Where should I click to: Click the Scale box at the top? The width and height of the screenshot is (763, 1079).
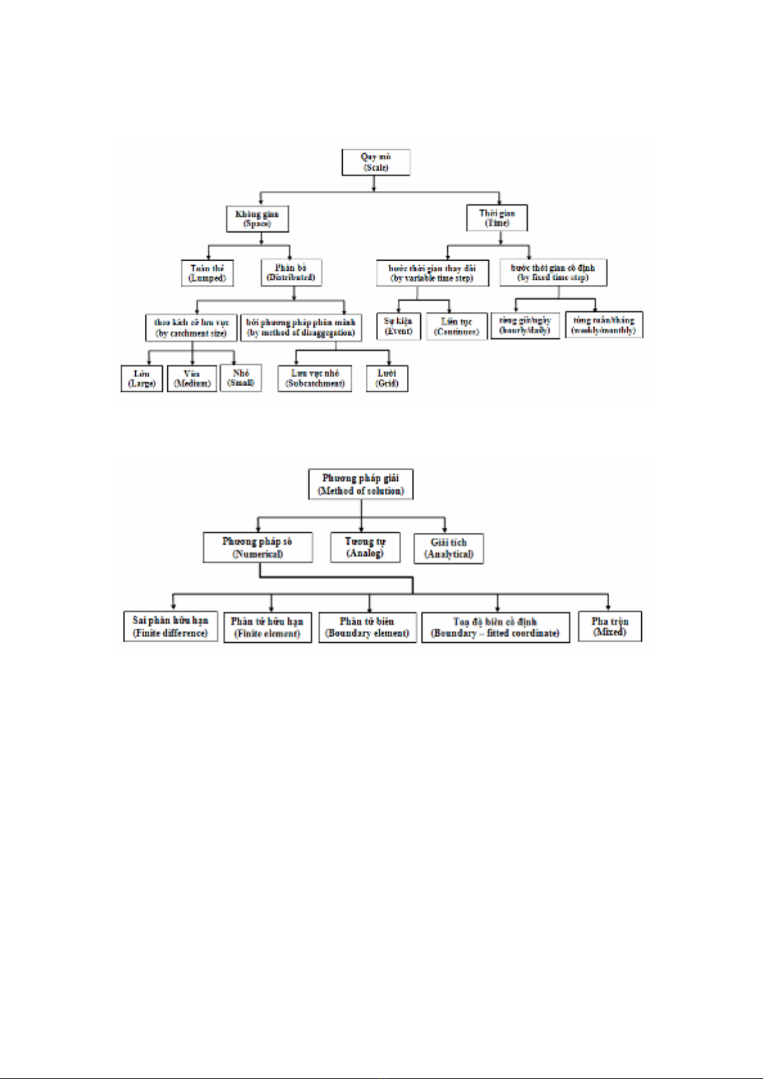[x=375, y=162]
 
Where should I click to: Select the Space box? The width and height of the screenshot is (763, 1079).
[x=257, y=219]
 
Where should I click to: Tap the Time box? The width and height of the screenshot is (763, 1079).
[x=497, y=218]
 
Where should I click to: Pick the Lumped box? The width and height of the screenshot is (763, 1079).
[x=207, y=273]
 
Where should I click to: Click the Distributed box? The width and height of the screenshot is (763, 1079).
[x=291, y=273]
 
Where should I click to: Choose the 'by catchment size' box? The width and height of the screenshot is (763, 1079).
[x=191, y=328]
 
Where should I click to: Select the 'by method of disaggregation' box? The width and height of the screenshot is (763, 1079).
[x=300, y=328]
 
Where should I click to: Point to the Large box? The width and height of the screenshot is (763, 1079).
[x=142, y=378]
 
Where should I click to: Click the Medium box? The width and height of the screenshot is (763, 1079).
[x=192, y=378]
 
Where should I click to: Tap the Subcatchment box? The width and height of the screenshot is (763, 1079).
[x=315, y=378]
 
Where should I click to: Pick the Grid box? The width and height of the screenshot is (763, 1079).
[x=387, y=378]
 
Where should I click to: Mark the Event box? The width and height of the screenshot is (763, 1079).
[x=398, y=327]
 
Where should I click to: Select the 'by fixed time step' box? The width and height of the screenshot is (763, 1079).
[x=553, y=273]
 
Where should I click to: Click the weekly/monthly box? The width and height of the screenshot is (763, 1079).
[x=603, y=325]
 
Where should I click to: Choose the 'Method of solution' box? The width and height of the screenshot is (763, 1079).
[x=361, y=484]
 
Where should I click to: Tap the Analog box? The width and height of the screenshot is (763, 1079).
[x=365, y=548]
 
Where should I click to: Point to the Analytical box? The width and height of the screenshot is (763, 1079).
[x=448, y=548]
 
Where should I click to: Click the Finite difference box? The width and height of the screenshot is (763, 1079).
[x=170, y=627]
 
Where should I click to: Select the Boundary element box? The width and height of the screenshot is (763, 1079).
[x=367, y=627]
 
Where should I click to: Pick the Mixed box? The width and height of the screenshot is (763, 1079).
[x=610, y=626]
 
